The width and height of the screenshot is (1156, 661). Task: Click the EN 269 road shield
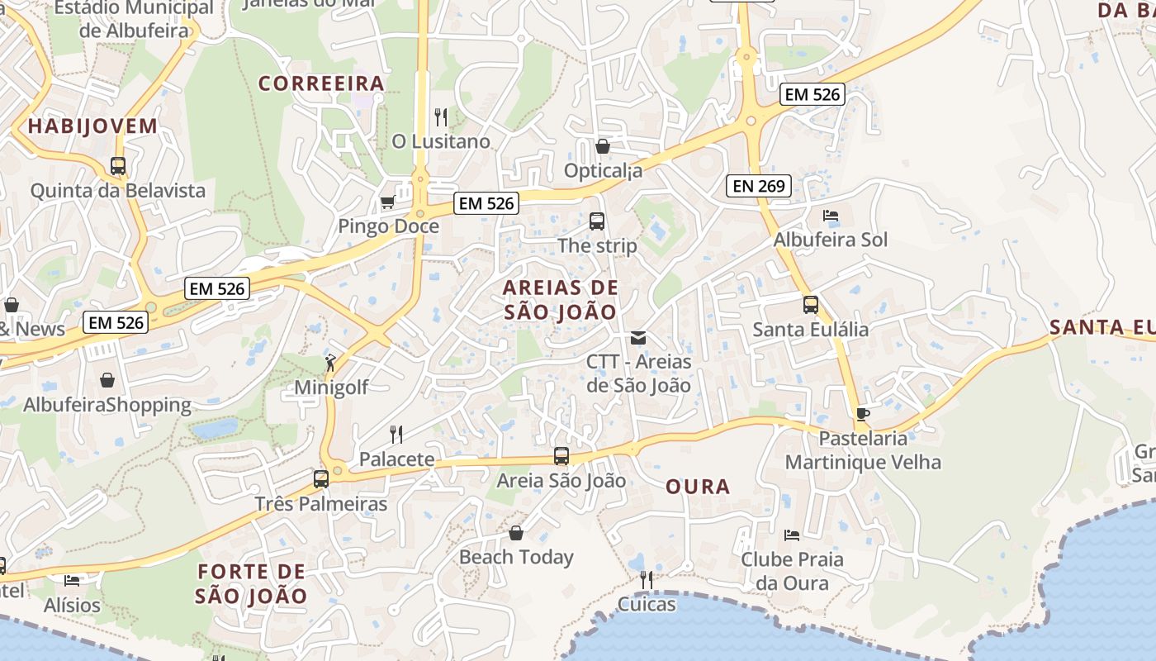click(x=759, y=186)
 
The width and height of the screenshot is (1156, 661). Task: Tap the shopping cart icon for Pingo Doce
click(x=386, y=202)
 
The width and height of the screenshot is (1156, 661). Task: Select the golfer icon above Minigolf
click(x=330, y=362)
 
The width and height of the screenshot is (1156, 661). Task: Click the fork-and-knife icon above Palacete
click(x=396, y=434)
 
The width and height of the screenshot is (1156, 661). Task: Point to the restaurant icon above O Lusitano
click(x=441, y=117)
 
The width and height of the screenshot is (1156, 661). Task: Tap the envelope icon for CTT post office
click(x=638, y=337)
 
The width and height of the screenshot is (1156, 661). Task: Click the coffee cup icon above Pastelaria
click(x=863, y=414)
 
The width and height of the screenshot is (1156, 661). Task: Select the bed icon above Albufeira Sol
click(x=831, y=216)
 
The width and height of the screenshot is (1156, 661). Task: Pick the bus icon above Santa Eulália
click(x=810, y=305)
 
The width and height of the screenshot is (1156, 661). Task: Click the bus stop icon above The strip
click(x=597, y=221)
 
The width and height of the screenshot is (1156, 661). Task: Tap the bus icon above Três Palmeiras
click(x=321, y=478)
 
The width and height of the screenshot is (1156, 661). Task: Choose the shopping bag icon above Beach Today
click(x=516, y=533)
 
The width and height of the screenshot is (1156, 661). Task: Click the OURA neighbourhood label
click(x=698, y=487)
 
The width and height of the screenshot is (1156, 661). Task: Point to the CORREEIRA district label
click(x=321, y=83)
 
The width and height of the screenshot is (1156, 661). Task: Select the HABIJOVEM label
click(x=92, y=126)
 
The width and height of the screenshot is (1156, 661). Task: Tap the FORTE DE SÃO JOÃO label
click(x=252, y=583)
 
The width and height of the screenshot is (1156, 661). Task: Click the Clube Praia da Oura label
click(x=792, y=571)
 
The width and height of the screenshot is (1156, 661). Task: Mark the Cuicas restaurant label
click(x=647, y=604)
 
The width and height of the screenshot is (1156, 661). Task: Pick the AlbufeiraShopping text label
click(x=107, y=405)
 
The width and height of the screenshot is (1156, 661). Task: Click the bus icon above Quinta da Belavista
click(x=118, y=166)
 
